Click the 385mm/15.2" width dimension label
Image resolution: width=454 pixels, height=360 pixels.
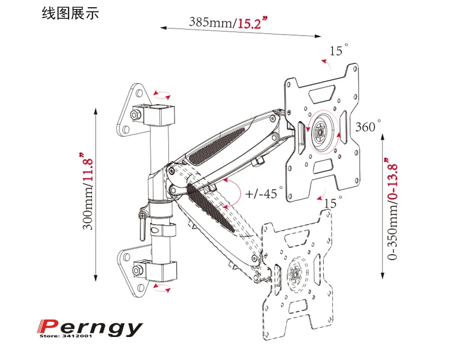229,24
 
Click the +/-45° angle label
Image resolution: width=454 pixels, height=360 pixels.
265,194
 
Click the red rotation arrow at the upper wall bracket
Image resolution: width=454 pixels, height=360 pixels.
162,94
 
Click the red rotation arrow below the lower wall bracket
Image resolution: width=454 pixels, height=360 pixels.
161,290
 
